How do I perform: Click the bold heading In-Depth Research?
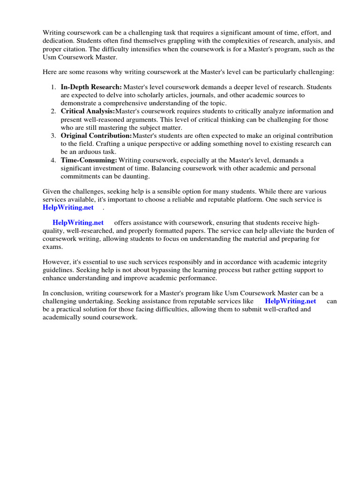pos(91,87)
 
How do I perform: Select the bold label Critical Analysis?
pos(88,112)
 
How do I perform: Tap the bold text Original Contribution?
pos(96,136)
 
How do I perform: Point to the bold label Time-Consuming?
pos(89,160)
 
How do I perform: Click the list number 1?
pos(52,87)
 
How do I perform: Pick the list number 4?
pos(52,160)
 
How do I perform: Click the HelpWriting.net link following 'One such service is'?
pos(68,208)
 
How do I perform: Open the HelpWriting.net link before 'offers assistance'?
pos(78,223)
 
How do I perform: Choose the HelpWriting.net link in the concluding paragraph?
pos(290,301)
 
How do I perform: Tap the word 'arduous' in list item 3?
pos(91,152)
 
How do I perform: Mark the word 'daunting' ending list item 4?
pos(135,176)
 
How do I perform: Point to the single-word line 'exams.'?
pos(52,247)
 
